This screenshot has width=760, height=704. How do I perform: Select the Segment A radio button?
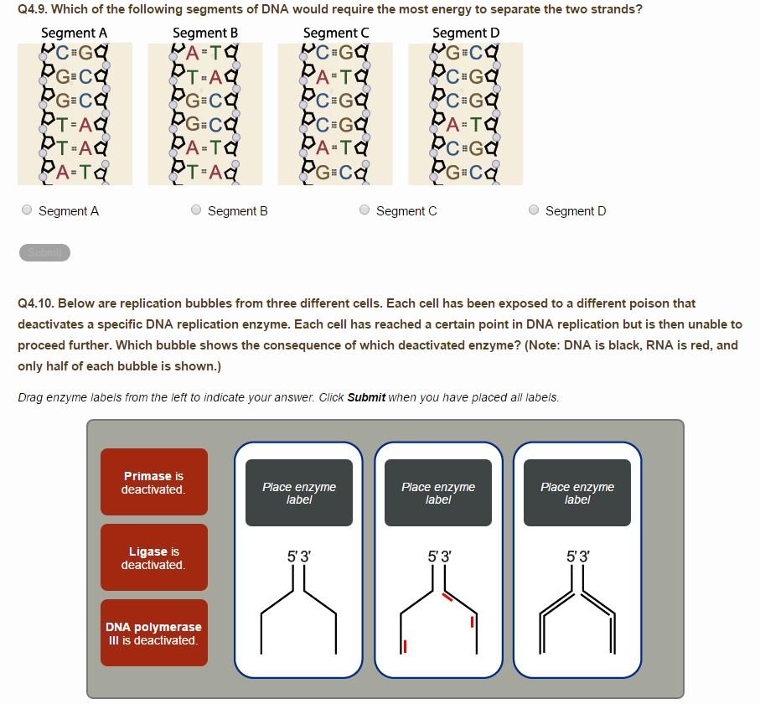click(28, 210)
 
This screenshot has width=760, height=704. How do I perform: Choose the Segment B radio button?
click(196, 210)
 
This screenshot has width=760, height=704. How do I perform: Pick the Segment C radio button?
click(364, 210)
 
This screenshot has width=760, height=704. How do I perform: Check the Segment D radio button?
click(534, 210)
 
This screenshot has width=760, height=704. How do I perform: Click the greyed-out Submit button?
click(44, 252)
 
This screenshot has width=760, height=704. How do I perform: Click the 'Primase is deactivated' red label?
click(153, 482)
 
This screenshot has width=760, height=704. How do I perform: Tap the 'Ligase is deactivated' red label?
click(153, 557)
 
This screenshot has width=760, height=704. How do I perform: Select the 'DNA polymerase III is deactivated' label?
click(153, 633)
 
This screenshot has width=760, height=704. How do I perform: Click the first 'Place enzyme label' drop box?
click(298, 493)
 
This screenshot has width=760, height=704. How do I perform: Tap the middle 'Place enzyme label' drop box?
click(437, 493)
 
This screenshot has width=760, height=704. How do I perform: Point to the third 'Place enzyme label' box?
click(576, 493)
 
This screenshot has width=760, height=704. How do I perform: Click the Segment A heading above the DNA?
click(74, 33)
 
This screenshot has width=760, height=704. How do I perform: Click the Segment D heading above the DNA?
click(466, 33)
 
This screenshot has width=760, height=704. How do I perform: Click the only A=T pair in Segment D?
click(465, 125)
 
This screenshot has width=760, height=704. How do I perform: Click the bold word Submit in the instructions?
click(366, 397)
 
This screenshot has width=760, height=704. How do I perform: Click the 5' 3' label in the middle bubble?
click(438, 556)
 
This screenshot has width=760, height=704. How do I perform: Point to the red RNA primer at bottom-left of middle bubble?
click(405, 646)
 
